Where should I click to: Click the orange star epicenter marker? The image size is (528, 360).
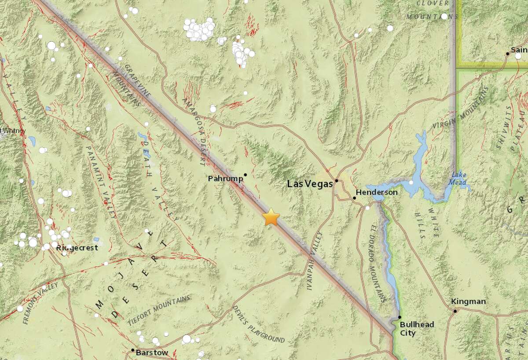(271, 217)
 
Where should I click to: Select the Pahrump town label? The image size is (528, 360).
(225, 179)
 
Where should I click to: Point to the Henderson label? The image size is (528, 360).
(377, 192)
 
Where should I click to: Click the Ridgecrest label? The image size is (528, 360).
(77, 248)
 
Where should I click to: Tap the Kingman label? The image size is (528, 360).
(469, 301)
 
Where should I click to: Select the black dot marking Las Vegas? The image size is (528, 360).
(336, 180)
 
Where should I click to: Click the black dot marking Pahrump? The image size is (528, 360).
(245, 175)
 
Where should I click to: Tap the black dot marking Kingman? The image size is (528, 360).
(456, 311)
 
